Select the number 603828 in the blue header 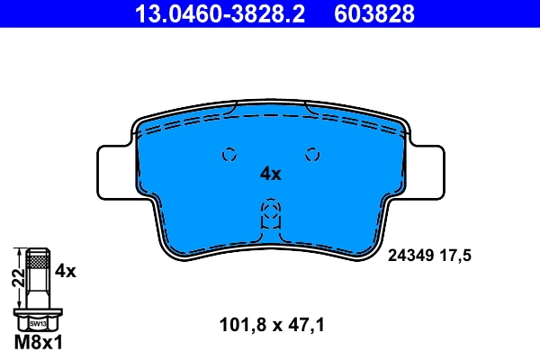(374, 13)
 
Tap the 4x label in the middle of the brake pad (270, 174)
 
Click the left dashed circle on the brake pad (229, 154)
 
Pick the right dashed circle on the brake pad (312, 154)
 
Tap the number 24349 (410, 256)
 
